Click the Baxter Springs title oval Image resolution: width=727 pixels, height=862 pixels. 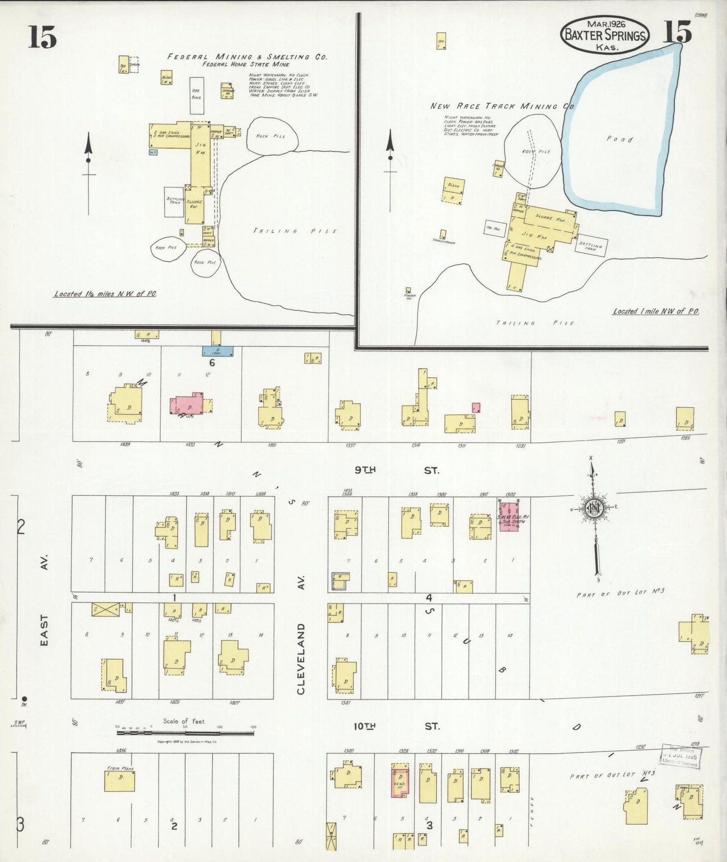pos(604,35)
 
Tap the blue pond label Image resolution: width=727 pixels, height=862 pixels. pos(619,139)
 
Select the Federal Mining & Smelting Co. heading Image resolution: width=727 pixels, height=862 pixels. pos(247,57)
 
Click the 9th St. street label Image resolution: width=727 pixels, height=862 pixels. pos(396,470)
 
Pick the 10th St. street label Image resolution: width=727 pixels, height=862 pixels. pos(396,726)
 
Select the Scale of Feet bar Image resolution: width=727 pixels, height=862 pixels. pos(186,733)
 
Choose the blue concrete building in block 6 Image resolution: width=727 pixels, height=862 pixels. pos(218,351)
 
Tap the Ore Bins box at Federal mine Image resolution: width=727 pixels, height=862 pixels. pos(197,95)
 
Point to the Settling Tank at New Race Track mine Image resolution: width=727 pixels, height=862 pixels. pos(591,245)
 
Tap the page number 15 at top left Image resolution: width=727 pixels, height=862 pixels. pos(42,37)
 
